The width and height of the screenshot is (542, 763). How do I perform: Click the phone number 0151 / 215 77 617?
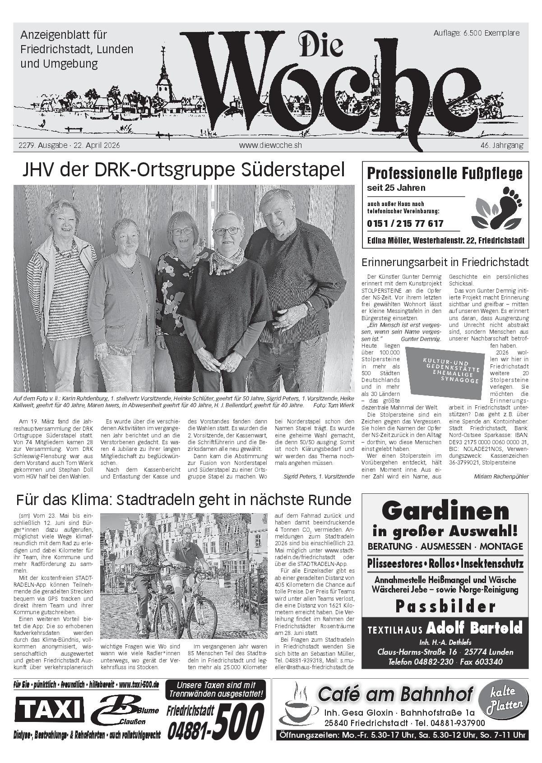(x=405, y=224)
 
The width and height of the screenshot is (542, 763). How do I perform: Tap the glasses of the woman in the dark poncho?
(x=227, y=231)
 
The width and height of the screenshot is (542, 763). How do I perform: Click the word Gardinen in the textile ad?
(x=445, y=511)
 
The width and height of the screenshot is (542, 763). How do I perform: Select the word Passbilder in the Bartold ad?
(x=445, y=607)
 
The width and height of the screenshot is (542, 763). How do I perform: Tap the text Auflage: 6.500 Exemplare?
(x=476, y=33)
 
